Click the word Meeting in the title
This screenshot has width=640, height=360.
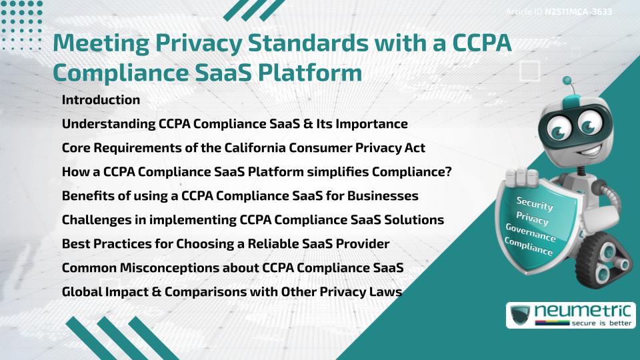pos(101,43)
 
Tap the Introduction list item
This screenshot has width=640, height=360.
pos(101,100)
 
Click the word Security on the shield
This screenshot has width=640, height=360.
pos(535,205)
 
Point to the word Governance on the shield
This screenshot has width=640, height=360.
pos(531,233)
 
